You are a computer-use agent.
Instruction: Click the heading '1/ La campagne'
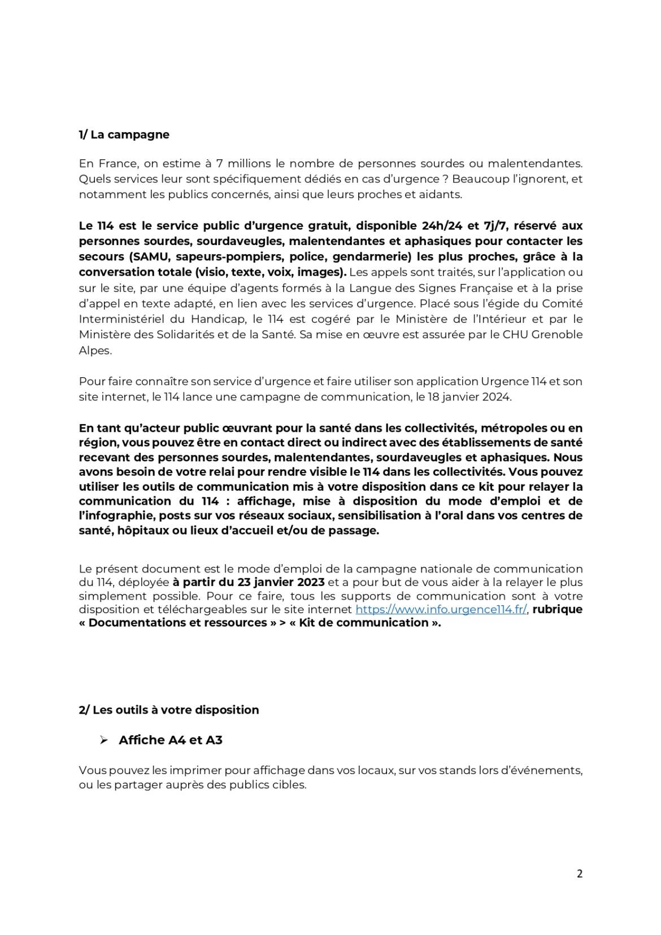coord(124,134)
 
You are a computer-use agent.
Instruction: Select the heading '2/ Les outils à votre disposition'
coord(168,710)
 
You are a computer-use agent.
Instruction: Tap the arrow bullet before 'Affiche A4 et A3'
coord(103,740)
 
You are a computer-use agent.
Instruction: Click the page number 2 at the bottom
coord(580,873)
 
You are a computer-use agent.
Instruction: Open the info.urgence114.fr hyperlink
coord(441,609)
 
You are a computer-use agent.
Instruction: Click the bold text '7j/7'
coord(495,226)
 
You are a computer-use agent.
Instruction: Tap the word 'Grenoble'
coord(556,334)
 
